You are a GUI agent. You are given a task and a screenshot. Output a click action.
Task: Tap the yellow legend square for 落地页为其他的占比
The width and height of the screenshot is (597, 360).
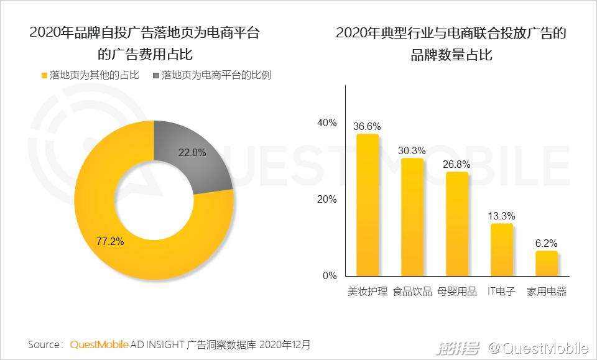[44, 75]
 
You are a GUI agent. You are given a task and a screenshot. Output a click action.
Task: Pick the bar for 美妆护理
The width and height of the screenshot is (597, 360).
[368, 205]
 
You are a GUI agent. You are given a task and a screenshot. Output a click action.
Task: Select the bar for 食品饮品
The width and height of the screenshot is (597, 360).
[412, 217]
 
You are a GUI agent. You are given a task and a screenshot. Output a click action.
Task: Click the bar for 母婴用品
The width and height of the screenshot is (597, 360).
[457, 224]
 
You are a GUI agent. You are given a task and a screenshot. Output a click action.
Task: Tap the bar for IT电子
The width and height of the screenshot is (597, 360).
[502, 249]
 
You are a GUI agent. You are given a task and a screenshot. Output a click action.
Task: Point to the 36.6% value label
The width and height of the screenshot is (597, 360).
[367, 126]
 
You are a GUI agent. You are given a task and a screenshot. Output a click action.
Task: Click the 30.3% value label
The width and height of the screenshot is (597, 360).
[412, 150]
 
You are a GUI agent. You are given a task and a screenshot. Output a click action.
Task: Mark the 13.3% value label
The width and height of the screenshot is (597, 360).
[502, 216]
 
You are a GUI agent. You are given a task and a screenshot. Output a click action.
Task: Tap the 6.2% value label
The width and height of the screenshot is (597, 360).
[547, 243]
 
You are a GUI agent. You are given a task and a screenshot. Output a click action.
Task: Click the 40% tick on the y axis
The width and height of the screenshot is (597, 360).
[327, 123]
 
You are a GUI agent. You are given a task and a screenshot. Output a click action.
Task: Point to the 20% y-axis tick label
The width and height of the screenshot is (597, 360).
[327, 200]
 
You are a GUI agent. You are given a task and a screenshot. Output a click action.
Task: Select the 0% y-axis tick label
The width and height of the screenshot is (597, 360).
[330, 276]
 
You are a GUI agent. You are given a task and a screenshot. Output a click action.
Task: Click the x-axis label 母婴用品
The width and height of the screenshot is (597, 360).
[457, 292]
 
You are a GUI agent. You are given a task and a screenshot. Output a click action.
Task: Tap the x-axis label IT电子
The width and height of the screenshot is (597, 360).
[502, 292]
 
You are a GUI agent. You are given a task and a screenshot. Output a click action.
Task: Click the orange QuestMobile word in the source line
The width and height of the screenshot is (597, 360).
[99, 344]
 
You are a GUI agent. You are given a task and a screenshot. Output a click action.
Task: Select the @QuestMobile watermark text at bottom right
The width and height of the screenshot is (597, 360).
[539, 348]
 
